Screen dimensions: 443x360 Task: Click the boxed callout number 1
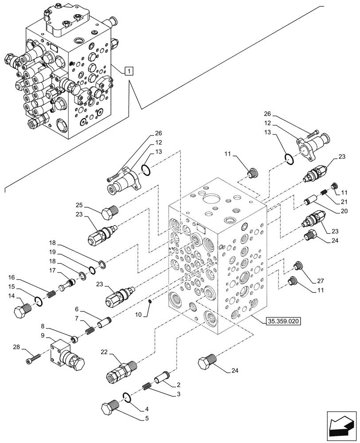(128, 70)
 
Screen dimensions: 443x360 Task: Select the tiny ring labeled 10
(151, 302)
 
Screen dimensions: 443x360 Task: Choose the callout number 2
(178, 385)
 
